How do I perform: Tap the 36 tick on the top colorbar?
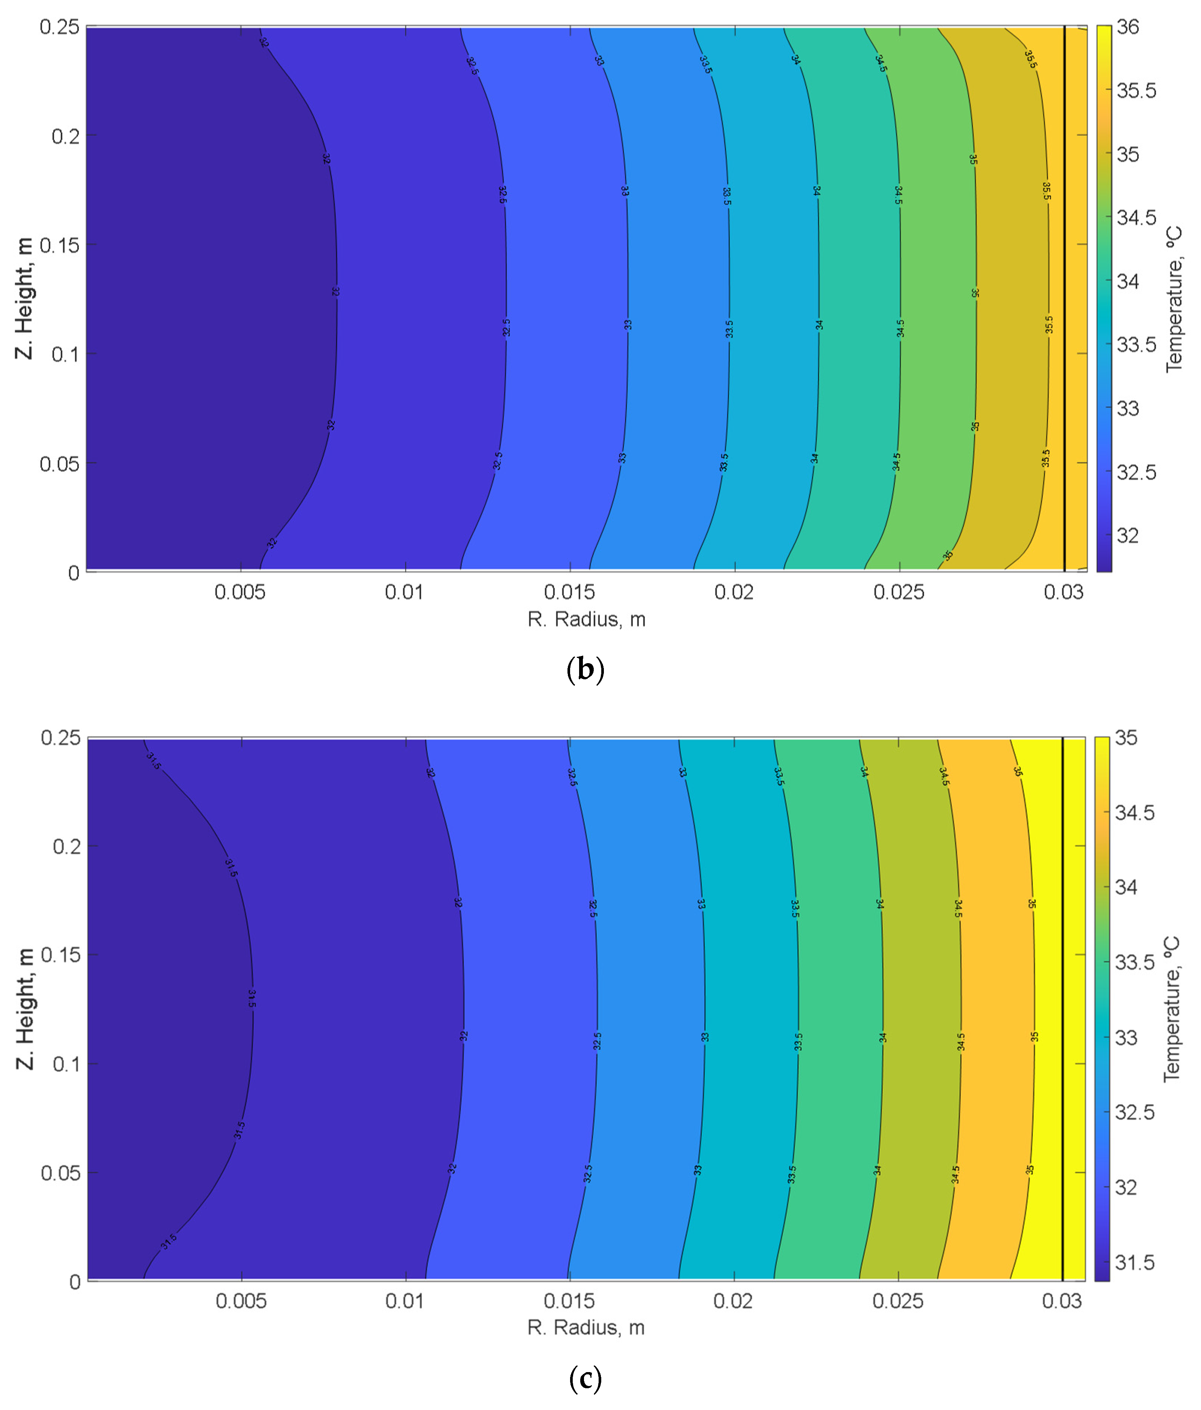1127,27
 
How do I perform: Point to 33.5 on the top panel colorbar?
1136,345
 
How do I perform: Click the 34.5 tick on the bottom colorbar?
1134,813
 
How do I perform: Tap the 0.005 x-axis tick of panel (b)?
239,592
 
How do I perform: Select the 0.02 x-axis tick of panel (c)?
733,1301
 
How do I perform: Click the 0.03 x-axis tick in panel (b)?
1063,592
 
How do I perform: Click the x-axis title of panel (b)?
586,619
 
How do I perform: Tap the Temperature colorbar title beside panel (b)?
1174,299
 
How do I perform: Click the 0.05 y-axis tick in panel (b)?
60,464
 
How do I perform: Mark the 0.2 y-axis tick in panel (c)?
67,846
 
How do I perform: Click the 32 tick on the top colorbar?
1127,536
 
